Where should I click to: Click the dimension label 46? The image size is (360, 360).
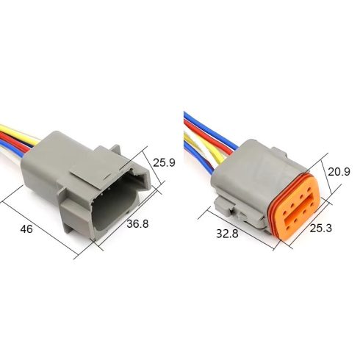click(26, 229)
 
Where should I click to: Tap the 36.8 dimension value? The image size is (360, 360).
click(137, 223)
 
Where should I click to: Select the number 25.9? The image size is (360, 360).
click(164, 162)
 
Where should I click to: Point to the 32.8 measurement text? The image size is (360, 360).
click(227, 234)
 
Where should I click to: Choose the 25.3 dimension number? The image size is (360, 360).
click(321, 228)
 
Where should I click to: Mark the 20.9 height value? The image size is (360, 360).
click(339, 172)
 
